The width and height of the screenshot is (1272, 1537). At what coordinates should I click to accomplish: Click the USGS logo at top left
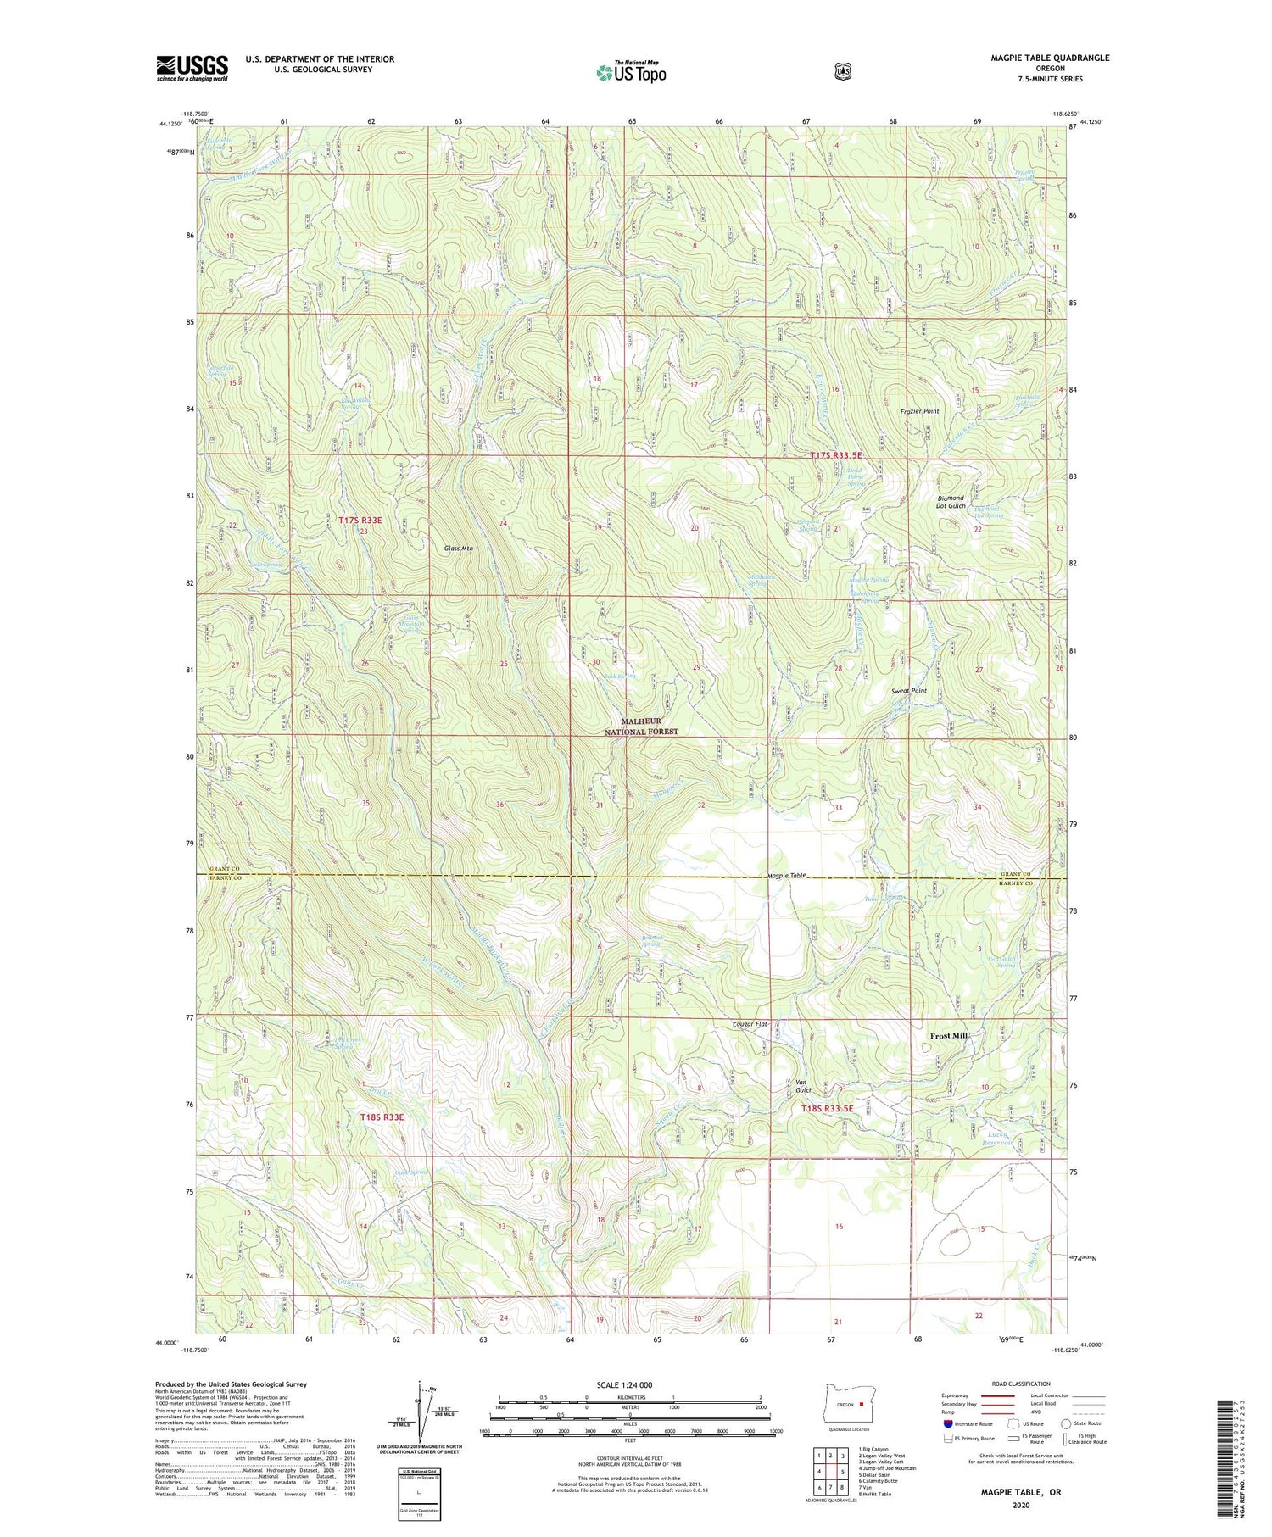click(192, 68)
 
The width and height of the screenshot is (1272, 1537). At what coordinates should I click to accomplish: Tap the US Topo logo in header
click(631, 73)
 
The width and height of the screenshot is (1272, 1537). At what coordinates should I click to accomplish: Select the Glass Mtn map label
click(459, 549)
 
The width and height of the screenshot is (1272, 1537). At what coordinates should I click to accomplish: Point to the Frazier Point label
click(919, 411)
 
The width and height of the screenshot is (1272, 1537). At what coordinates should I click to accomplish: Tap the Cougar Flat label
click(750, 1024)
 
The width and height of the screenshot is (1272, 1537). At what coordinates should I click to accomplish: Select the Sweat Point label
click(908, 691)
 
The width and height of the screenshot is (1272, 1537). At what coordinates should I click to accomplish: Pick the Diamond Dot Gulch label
click(951, 502)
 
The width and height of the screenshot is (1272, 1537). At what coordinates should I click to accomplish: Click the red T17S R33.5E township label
click(835, 455)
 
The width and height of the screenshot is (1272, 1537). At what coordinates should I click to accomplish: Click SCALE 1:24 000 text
click(630, 1385)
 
